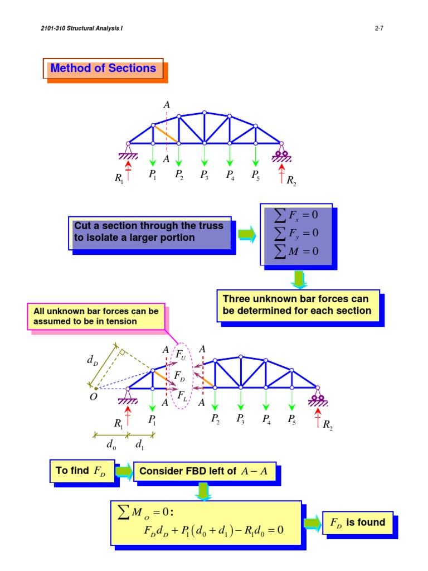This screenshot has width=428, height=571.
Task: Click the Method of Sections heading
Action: point(103,69)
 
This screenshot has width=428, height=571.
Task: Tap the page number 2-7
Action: point(378,28)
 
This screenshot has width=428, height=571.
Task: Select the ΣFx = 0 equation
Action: point(296,214)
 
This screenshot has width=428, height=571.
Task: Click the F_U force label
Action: point(182,355)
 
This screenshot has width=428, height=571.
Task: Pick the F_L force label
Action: point(182,395)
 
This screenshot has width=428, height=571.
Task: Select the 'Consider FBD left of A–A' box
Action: point(203,472)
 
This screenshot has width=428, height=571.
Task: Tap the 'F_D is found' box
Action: point(358,522)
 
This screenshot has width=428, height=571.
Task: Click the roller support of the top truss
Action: point(280,154)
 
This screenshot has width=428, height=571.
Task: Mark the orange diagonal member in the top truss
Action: point(166,134)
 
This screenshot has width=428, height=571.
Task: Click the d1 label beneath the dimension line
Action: point(142,445)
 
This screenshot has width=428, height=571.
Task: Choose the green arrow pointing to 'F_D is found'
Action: point(312,523)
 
